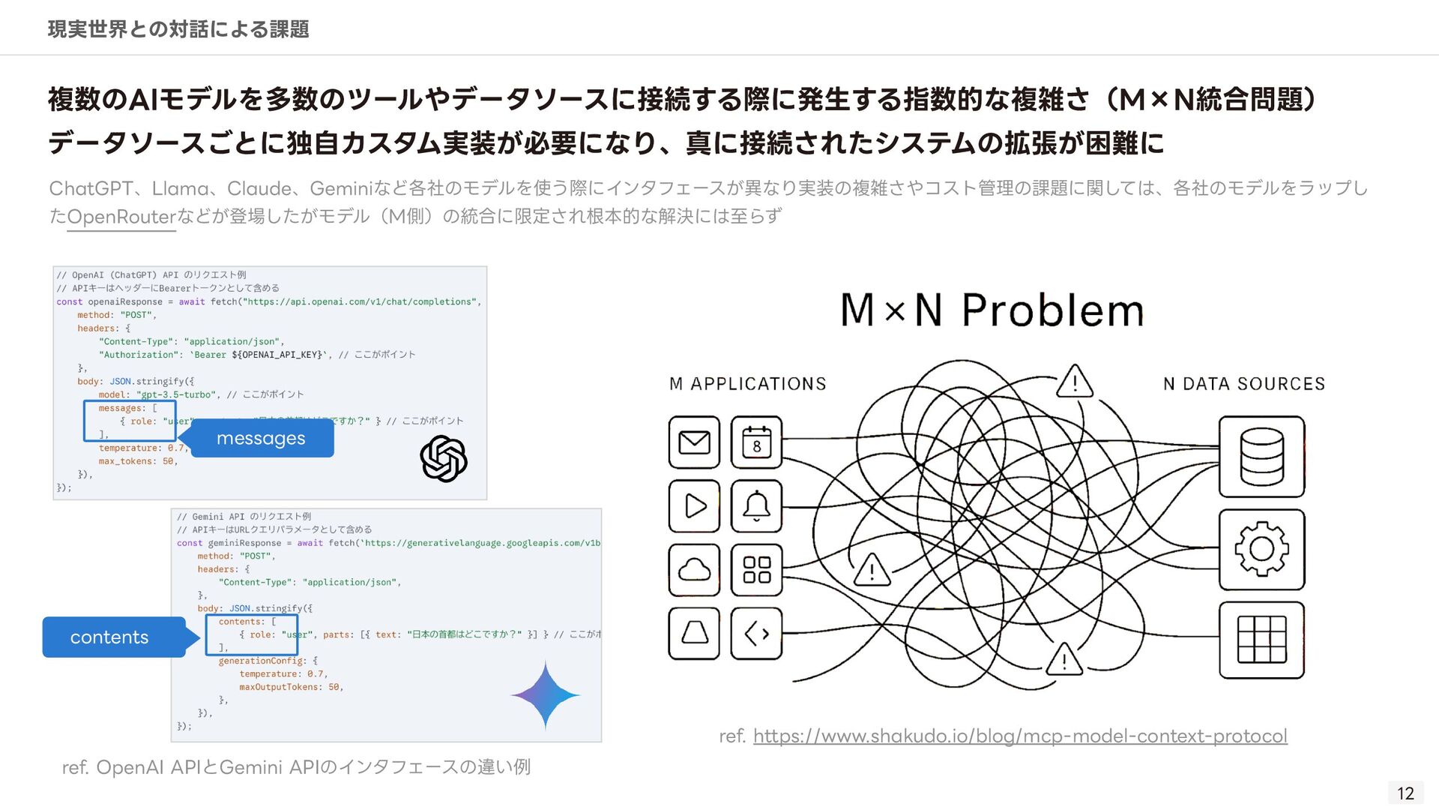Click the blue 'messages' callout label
[261, 438]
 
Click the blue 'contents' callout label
[110, 637]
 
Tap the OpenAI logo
[444, 459]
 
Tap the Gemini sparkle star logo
[546, 695]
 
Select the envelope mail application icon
[694, 442]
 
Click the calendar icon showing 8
[756, 442]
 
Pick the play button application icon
[694, 506]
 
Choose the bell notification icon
[756, 506]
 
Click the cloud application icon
[694, 570]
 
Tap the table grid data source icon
[1261, 640]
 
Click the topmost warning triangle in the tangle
[1075, 382]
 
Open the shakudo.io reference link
[1020, 736]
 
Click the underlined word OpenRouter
[121, 217]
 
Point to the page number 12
[1405, 793]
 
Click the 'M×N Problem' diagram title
[992, 310]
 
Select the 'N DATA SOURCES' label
[1244, 384]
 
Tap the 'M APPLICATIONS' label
[748, 384]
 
